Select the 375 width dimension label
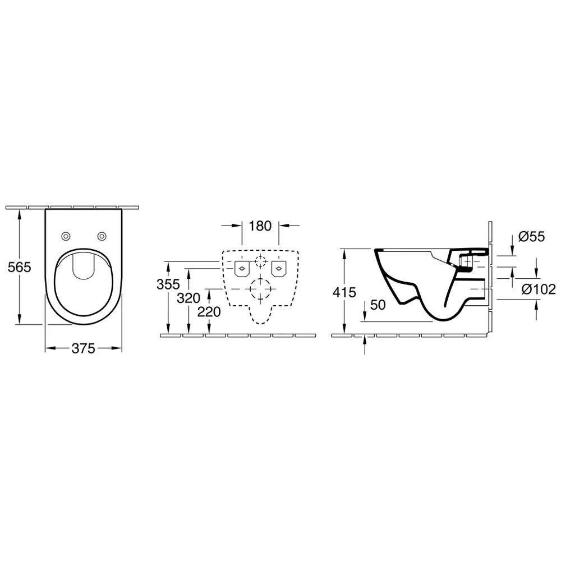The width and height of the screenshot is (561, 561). (x=83, y=348)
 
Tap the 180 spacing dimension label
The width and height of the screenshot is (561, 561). (x=260, y=226)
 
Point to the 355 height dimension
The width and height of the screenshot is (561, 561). (x=168, y=284)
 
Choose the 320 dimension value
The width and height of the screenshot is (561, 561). (x=188, y=298)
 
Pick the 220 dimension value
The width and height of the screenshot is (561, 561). (x=209, y=312)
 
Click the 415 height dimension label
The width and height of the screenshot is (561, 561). (x=344, y=292)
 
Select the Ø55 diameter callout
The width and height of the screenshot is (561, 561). (x=532, y=237)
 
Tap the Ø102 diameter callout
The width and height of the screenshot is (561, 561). (x=539, y=289)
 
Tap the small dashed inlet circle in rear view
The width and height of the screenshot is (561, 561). (x=260, y=261)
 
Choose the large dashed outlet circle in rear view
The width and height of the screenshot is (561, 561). (x=260, y=289)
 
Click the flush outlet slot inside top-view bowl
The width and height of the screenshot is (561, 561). (x=83, y=265)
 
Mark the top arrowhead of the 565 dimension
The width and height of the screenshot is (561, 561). (x=20, y=212)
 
